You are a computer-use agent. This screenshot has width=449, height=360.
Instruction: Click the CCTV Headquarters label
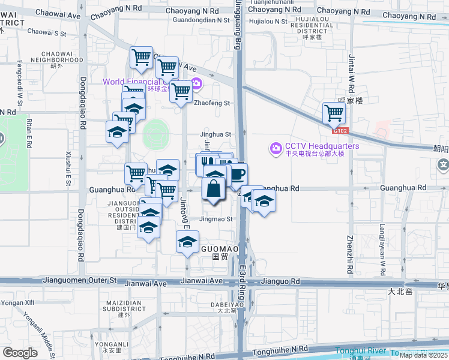(322, 146)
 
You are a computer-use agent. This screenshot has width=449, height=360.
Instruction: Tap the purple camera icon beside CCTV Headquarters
(276, 147)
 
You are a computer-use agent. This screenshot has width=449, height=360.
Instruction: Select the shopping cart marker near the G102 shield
(334, 112)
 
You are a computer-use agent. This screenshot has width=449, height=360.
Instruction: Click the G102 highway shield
(340, 130)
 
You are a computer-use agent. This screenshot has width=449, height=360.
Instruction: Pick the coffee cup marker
(238, 175)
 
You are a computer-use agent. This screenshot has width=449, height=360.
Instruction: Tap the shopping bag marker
(214, 188)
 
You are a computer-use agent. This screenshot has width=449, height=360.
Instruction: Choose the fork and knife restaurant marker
(207, 163)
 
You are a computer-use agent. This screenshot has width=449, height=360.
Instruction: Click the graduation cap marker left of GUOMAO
(187, 242)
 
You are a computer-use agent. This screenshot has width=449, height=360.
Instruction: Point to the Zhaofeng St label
(212, 103)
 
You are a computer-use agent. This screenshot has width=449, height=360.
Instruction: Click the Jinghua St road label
(216, 135)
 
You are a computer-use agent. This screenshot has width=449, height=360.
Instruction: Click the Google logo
(20, 353)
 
